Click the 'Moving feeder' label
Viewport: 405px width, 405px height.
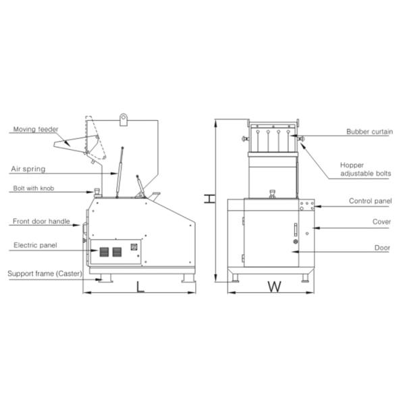36,129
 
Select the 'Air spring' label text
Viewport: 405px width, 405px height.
28,169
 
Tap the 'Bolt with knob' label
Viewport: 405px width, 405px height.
34,188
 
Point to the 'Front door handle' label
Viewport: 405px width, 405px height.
41,221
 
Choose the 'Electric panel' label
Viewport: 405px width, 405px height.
35,245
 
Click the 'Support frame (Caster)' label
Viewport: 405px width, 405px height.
45,273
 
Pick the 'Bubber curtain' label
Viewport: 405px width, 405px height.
370,132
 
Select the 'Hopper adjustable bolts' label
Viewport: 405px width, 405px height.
365,169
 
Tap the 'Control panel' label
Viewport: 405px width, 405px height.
370,201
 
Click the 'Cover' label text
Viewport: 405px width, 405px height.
381,221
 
